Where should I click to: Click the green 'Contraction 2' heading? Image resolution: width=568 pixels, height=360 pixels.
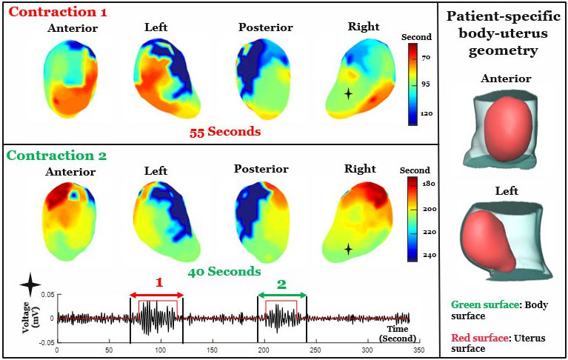[x=57, y=156]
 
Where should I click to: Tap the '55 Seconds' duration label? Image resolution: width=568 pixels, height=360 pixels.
[x=224, y=131]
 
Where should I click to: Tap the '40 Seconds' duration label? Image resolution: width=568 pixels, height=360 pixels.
[x=224, y=271]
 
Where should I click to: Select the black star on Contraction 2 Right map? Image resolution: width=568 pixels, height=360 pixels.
[x=348, y=250]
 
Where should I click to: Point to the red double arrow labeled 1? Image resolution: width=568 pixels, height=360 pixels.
[x=156, y=296]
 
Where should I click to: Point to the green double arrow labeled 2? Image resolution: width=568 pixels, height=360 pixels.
[x=281, y=296]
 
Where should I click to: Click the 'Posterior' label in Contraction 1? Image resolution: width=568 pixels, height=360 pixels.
[x=266, y=28]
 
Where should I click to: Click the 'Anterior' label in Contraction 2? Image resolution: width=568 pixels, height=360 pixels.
[x=71, y=172]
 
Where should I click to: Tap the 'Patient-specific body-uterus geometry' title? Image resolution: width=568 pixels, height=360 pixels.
[x=504, y=33]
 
